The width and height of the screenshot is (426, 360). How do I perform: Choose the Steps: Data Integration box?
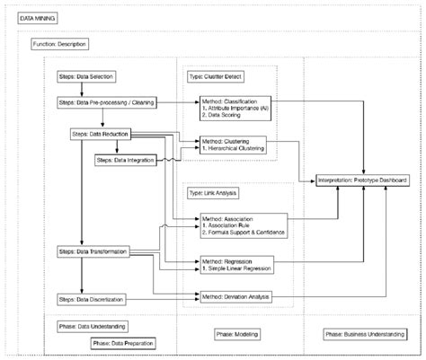pyautogui.click(x=124, y=160)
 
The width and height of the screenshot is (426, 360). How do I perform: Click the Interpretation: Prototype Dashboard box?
pyautogui.click(x=363, y=180)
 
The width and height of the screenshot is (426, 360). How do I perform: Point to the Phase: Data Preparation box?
pyautogui.click(x=121, y=343)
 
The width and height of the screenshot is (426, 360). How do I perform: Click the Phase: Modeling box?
pyautogui.click(x=237, y=335)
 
